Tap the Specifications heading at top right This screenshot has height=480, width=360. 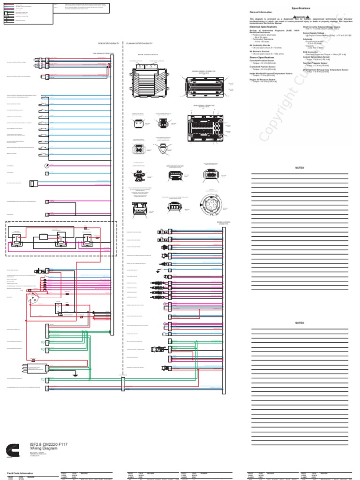(301, 8)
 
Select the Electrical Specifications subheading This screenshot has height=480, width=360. (263, 27)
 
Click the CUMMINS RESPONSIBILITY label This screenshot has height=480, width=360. (139, 43)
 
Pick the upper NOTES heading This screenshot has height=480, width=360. (300, 168)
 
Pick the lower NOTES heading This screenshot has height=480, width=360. (300, 323)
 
